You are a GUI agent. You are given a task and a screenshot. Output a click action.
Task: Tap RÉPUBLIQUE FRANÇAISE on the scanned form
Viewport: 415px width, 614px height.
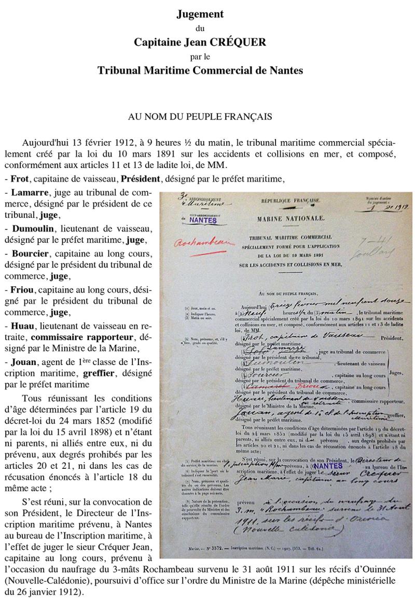tap(295, 200)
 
